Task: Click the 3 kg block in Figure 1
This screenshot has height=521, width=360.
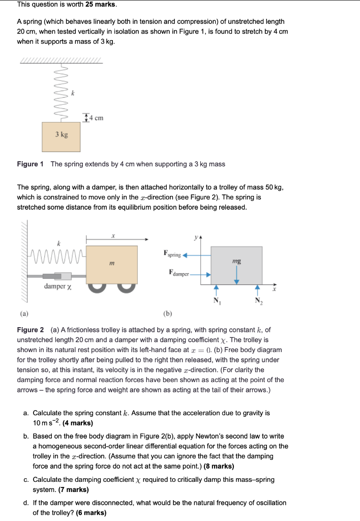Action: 61,135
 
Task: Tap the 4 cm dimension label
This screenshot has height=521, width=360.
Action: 95,118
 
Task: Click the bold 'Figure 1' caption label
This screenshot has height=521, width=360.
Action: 31,164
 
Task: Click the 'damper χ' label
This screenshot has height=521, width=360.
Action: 57,286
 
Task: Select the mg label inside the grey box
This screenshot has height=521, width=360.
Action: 236,260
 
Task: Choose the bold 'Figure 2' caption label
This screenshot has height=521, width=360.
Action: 31,330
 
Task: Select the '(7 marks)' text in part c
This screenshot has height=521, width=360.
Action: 73,489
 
